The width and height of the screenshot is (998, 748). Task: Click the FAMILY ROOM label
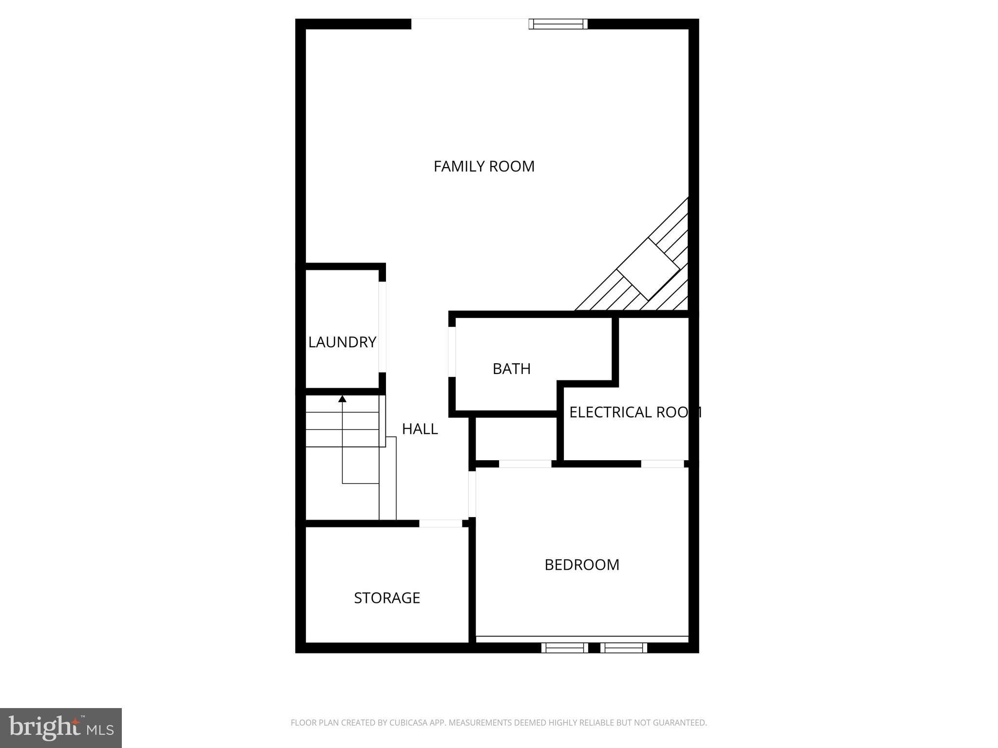click(x=484, y=167)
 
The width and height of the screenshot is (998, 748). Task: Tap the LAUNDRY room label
click(x=342, y=342)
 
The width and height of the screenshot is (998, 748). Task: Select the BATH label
click(x=511, y=369)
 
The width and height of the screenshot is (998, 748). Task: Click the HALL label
click(x=420, y=429)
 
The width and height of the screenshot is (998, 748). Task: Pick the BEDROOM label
click(x=582, y=565)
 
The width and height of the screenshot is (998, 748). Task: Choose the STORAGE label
click(x=387, y=598)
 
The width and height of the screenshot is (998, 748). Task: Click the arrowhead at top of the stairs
click(x=343, y=399)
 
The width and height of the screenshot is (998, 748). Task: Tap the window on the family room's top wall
click(x=558, y=24)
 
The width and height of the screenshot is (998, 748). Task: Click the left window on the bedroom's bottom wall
click(x=564, y=648)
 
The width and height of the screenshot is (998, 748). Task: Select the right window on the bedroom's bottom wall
click(x=624, y=648)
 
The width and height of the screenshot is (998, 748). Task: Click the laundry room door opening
click(x=383, y=327)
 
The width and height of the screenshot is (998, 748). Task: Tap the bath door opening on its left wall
click(x=452, y=352)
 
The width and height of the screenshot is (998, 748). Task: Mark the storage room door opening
click(x=441, y=524)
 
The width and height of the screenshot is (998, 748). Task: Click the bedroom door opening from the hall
click(x=472, y=494)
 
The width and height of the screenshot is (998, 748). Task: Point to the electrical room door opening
click(x=662, y=464)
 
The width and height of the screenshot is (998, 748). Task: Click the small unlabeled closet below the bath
click(x=516, y=438)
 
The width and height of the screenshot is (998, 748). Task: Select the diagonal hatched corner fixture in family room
click(x=648, y=270)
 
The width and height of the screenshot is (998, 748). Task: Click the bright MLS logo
click(x=61, y=728)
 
